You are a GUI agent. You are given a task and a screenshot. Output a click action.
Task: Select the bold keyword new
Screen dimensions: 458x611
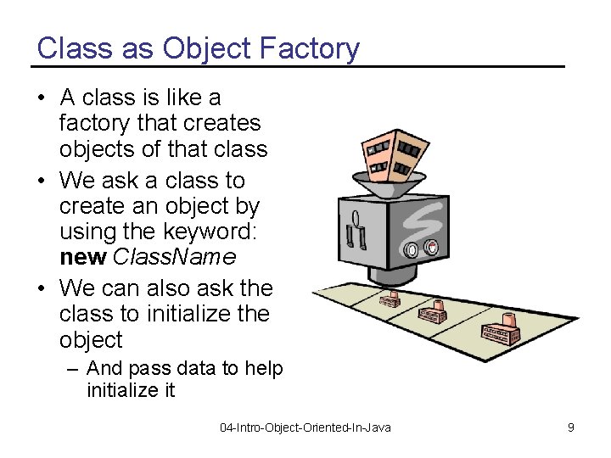point(83,255)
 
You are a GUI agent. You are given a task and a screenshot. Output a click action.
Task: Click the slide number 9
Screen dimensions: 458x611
point(571,427)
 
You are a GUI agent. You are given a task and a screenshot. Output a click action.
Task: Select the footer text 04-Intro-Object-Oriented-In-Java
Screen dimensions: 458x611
point(305,427)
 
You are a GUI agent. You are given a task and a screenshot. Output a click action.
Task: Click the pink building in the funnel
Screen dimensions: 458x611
point(391,150)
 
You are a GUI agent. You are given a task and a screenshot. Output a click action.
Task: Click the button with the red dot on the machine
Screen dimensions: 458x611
point(431,249)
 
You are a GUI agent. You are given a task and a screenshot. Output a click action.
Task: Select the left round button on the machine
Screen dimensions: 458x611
point(412,250)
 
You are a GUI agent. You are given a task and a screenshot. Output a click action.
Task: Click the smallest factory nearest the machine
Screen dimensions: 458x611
point(390,299)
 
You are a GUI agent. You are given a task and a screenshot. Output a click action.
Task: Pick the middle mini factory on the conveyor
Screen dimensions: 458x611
point(433,313)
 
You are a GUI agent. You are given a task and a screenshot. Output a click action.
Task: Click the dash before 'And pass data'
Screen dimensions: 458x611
point(75,368)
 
